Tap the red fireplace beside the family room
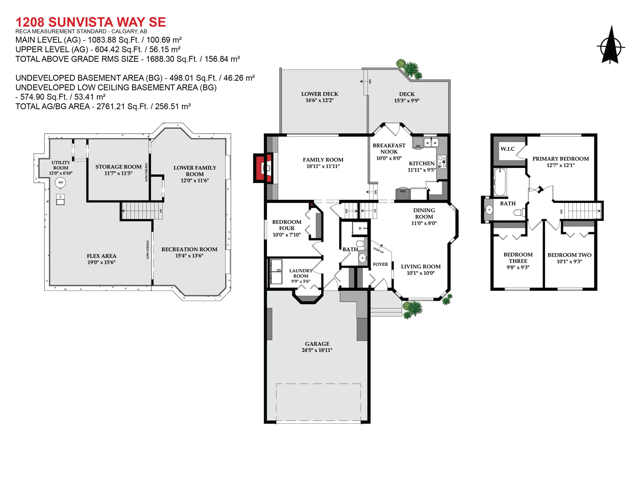point(263,168)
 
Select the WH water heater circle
point(60,182)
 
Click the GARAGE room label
point(317,344)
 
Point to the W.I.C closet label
point(508,149)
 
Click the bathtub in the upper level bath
point(500,182)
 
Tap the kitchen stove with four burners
point(442,162)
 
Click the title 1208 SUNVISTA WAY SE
point(91,22)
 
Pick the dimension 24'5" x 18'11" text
point(317,350)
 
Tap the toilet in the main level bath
point(360,243)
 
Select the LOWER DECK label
point(319,94)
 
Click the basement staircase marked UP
point(142,211)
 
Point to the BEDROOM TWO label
point(569,255)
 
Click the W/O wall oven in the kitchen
point(403,194)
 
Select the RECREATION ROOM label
point(189,249)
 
